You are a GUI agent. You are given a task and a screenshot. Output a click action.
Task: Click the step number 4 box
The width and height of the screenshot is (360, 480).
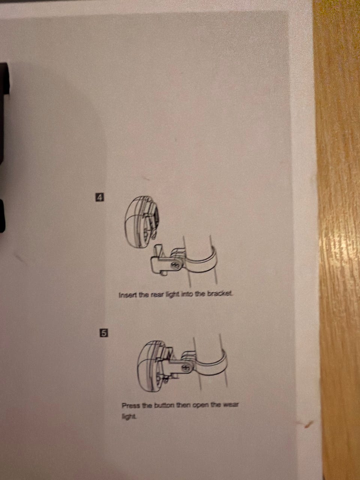(x=99, y=197)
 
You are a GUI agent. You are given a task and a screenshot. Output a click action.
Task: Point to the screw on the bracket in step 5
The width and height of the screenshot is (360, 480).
(x=186, y=368)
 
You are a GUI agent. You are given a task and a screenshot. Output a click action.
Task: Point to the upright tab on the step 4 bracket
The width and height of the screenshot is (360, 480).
(x=158, y=250)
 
